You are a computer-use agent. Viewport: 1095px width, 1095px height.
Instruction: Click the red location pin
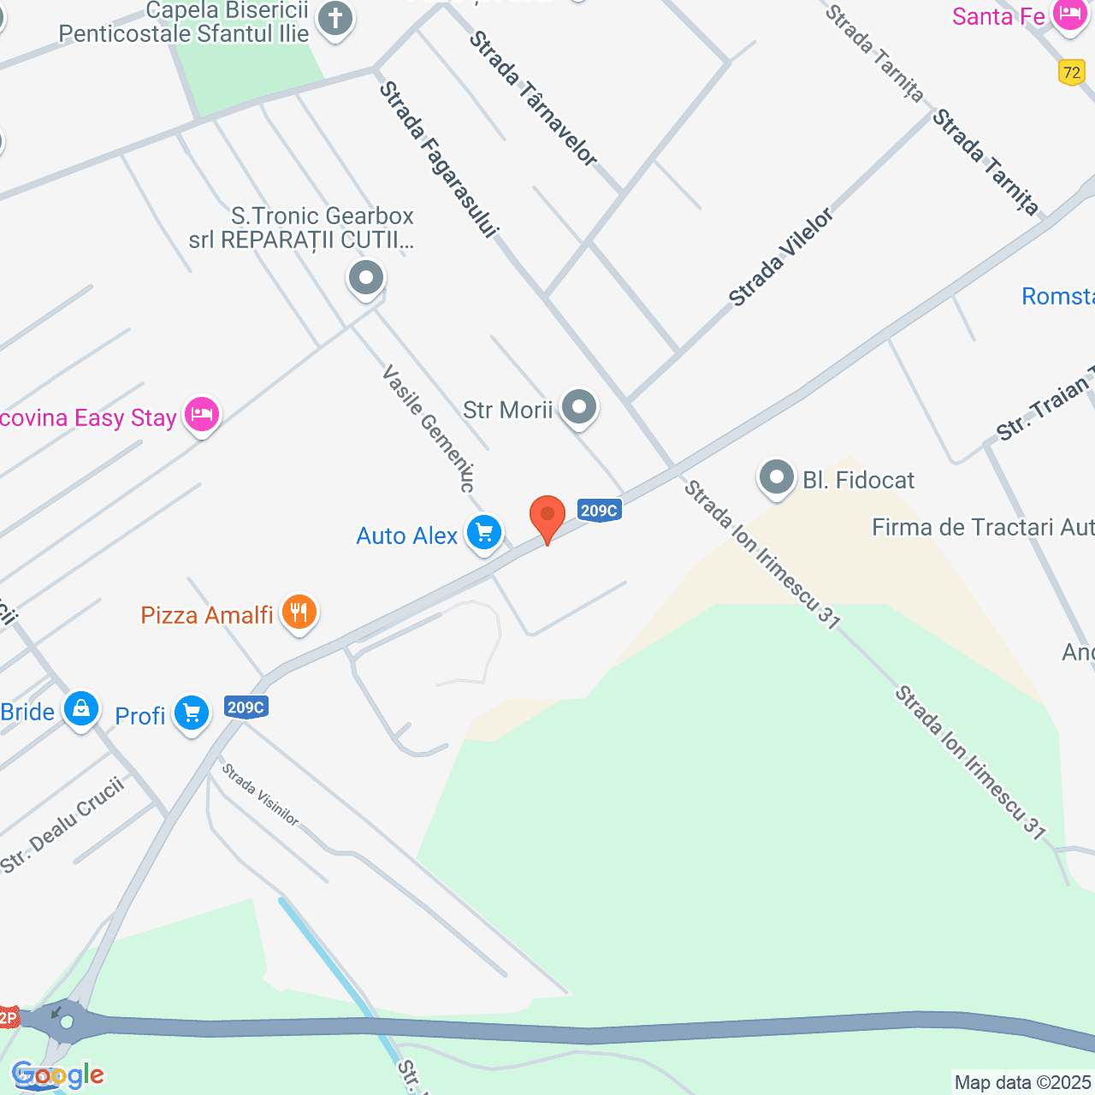point(547,517)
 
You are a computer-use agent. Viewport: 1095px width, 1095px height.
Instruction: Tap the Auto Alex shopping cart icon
point(484,534)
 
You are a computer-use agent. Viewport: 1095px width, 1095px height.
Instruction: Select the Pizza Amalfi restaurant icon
point(299,613)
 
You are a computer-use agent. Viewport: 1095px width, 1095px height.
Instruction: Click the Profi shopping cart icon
point(191,713)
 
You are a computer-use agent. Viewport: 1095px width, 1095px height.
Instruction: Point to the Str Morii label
point(508,410)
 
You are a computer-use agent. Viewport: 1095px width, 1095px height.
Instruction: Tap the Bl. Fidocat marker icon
point(777,477)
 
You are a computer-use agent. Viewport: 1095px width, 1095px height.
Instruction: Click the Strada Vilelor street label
point(780,257)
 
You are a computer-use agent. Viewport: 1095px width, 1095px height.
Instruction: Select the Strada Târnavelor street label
point(532,98)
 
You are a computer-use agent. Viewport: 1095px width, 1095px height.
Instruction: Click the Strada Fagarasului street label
point(439,159)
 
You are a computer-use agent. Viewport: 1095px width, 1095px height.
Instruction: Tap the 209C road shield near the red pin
point(599,511)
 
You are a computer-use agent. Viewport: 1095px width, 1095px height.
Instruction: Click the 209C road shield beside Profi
point(246,707)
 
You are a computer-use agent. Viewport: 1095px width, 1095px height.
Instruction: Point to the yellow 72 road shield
point(1071,73)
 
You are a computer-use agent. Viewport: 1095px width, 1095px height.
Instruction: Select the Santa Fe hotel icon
point(1069,15)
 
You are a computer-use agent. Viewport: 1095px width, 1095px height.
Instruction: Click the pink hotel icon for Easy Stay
point(202,416)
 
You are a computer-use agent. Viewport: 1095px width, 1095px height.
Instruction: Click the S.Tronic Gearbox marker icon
point(366,278)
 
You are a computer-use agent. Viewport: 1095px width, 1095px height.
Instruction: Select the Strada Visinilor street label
point(260,795)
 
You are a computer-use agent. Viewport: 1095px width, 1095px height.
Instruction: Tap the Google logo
point(58,1074)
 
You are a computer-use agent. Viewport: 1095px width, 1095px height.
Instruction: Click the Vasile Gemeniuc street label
point(429,428)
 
